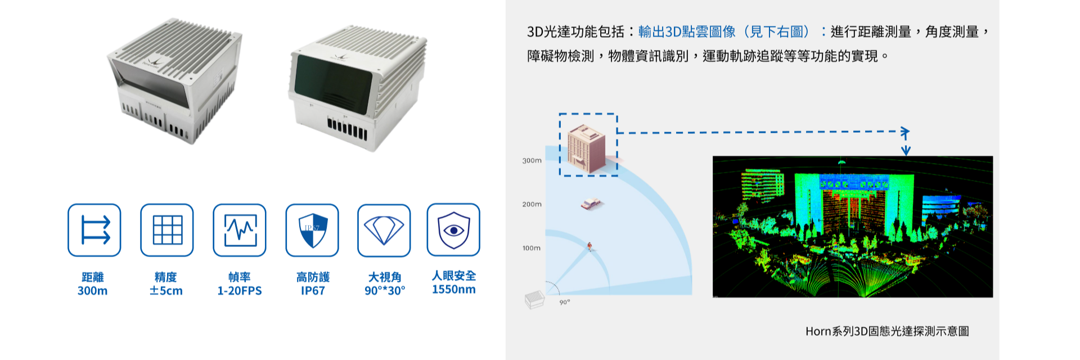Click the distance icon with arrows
(x=94, y=230)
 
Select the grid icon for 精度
(x=167, y=230)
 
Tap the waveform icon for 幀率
(x=240, y=230)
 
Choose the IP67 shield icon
(x=312, y=230)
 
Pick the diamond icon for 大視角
(x=384, y=230)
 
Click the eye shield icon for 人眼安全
(x=453, y=229)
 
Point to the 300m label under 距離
(x=93, y=291)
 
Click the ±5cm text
(x=166, y=291)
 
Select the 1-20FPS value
(x=240, y=291)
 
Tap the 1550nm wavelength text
(x=454, y=290)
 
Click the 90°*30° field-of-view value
(x=385, y=291)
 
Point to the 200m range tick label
(x=532, y=204)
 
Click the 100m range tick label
(x=532, y=248)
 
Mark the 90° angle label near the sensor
(x=565, y=303)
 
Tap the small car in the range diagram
(x=591, y=204)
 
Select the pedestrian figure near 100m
(x=589, y=246)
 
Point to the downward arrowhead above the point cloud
(x=906, y=150)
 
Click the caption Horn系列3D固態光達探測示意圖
(x=887, y=331)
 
